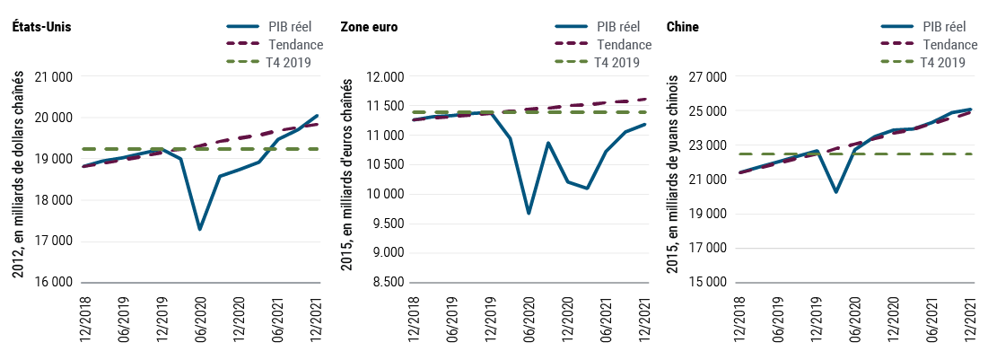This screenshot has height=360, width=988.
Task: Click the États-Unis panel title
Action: click(x=41, y=27)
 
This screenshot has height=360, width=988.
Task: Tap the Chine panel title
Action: click(x=682, y=27)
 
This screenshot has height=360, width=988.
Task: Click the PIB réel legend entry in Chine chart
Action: click(x=942, y=28)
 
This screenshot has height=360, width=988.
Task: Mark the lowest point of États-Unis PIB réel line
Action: click(x=199, y=230)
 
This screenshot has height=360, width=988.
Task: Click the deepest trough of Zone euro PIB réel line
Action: click(x=529, y=214)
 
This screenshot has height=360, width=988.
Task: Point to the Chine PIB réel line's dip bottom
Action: click(x=835, y=192)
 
